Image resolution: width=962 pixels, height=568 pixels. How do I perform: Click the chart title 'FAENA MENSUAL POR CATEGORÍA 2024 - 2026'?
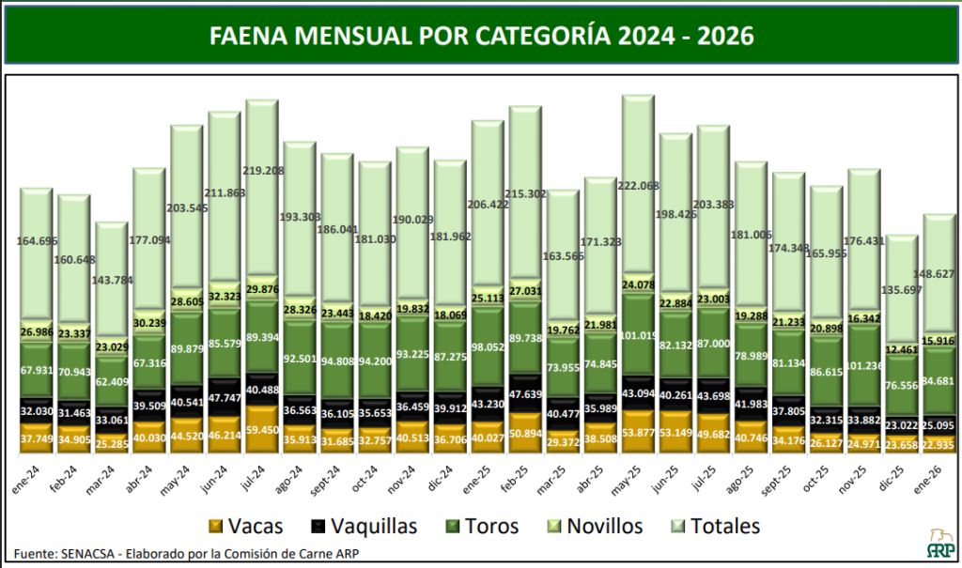pyautogui.click(x=480, y=35)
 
